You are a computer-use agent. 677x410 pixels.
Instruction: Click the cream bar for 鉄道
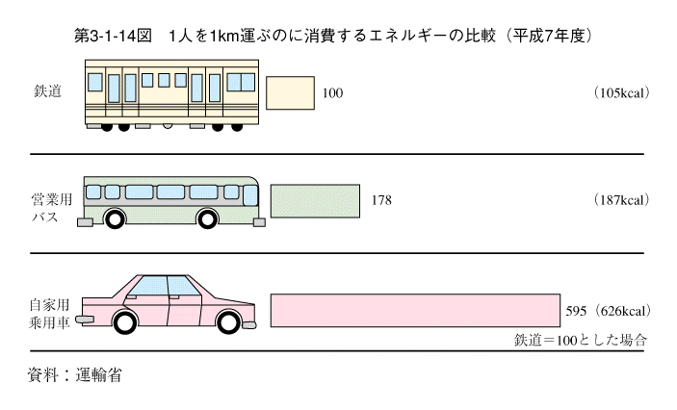pyautogui.click(x=290, y=92)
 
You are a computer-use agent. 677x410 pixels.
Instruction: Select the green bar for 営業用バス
pyautogui.click(x=315, y=201)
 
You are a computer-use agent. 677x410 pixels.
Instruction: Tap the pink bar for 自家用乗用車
pyautogui.click(x=415, y=310)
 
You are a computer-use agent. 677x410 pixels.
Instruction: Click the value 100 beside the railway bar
pyautogui.click(x=332, y=93)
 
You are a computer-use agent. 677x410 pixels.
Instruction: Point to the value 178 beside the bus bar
pyautogui.click(x=381, y=200)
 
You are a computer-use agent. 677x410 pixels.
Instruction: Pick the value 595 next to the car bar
pyautogui.click(x=577, y=311)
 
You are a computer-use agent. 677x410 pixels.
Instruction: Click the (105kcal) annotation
pyautogui.click(x=621, y=92)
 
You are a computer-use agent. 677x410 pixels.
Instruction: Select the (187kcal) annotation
pyautogui.click(x=621, y=200)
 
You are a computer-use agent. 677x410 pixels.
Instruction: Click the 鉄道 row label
pyautogui.click(x=47, y=91)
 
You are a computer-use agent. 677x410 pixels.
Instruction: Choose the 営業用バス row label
pyautogui.click(x=51, y=208)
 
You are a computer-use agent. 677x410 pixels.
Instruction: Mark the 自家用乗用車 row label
pyautogui.click(x=49, y=314)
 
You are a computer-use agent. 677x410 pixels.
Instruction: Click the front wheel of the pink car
pyautogui.click(x=126, y=321)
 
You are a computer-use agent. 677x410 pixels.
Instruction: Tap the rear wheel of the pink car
pyautogui.click(x=229, y=321)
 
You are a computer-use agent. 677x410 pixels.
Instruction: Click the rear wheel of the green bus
pyautogui.click(x=115, y=218)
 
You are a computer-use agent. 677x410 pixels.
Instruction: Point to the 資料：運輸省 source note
pyautogui.click(x=74, y=375)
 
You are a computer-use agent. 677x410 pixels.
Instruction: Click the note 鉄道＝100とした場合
pyautogui.click(x=581, y=340)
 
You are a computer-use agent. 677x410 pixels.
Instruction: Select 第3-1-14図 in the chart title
pyautogui.click(x=113, y=36)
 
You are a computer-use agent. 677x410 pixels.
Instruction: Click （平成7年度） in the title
pyautogui.click(x=549, y=36)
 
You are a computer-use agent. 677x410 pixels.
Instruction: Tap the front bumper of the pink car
pyautogui.click(x=85, y=320)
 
